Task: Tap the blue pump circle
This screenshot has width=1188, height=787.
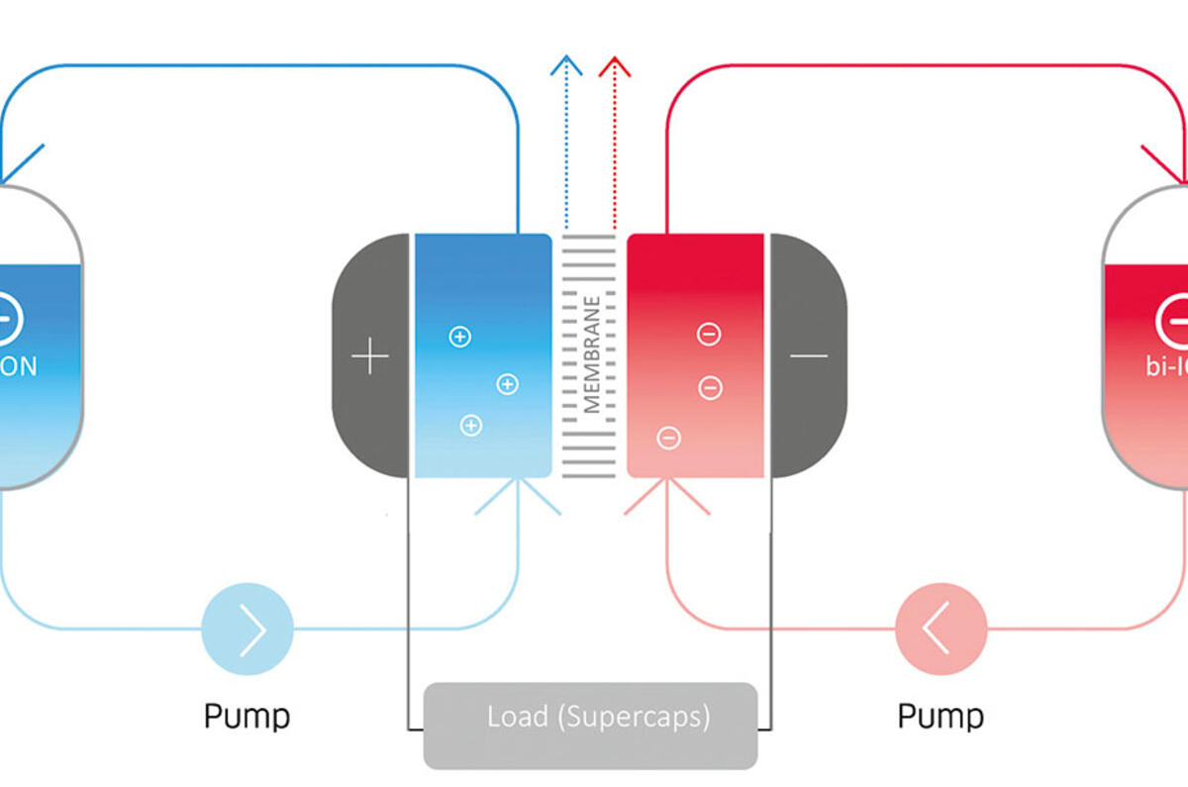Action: (x=247, y=629)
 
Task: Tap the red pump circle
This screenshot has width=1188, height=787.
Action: (x=940, y=629)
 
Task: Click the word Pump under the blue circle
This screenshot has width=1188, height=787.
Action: (x=247, y=715)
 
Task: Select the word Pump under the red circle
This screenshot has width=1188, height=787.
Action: (x=940, y=715)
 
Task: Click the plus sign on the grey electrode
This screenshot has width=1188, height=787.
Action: (x=370, y=355)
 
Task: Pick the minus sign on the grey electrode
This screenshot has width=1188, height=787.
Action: (x=809, y=355)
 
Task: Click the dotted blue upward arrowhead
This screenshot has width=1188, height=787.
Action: (x=566, y=67)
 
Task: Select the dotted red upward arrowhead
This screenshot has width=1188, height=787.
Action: (x=616, y=67)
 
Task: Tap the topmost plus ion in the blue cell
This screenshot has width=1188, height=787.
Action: (x=460, y=337)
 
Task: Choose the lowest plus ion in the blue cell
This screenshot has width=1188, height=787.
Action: (x=471, y=426)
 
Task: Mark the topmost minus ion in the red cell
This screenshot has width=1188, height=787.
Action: (x=709, y=335)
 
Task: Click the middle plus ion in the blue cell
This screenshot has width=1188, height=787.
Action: (x=507, y=384)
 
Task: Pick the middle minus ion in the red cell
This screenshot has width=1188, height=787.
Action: (x=710, y=387)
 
